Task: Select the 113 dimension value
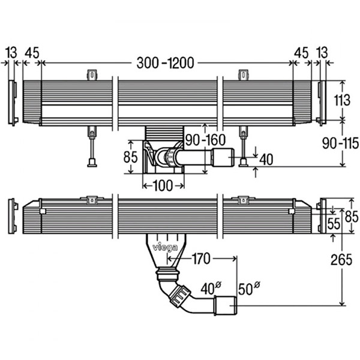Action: point(341,100)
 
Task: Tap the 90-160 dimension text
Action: point(205,140)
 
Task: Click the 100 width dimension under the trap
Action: point(162,185)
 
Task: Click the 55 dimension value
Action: point(333,224)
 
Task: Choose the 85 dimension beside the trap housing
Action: point(130,158)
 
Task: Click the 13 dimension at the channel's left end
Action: point(11,53)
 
